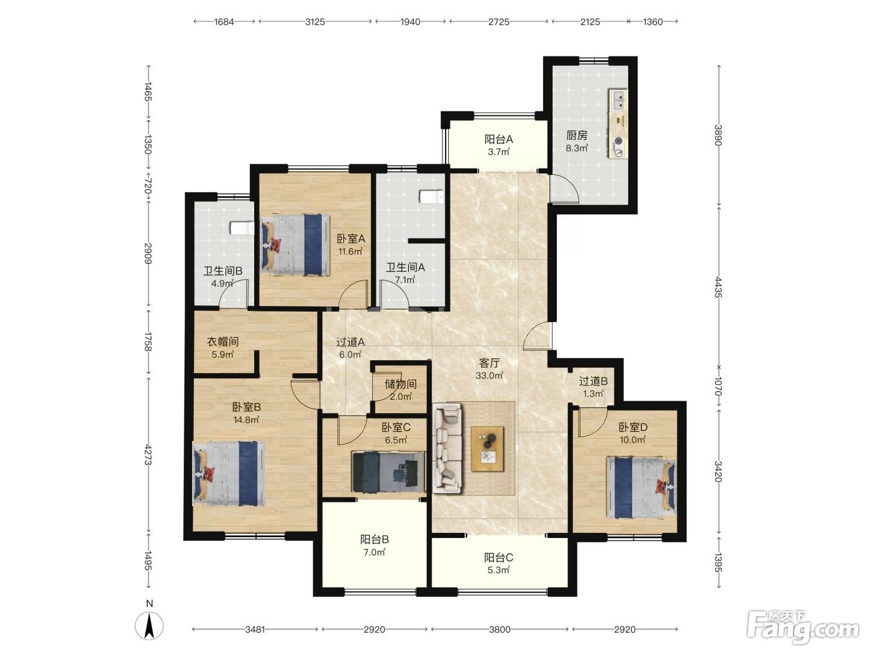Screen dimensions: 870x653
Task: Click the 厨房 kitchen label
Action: pyautogui.click(x=576, y=136)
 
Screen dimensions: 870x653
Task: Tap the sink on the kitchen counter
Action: pyautogui.click(x=618, y=100)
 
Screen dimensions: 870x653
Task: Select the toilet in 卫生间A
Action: pyautogui.click(x=431, y=197)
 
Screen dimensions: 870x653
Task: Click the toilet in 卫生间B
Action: pyautogui.click(x=242, y=228)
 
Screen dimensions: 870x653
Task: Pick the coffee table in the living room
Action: pyautogui.click(x=488, y=449)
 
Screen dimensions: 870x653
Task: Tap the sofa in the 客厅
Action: pyautogui.click(x=448, y=448)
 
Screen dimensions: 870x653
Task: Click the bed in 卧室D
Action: pyautogui.click(x=641, y=487)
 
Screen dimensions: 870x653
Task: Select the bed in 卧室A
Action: pyautogui.click(x=295, y=244)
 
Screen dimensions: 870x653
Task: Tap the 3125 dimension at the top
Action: pyautogui.click(x=315, y=22)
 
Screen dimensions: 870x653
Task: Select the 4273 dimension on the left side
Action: pyautogui.click(x=149, y=455)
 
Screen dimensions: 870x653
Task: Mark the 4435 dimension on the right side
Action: pyautogui.click(x=718, y=287)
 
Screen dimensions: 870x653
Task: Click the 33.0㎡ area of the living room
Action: pyautogui.click(x=490, y=375)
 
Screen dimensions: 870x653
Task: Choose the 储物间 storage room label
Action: pyautogui.click(x=400, y=384)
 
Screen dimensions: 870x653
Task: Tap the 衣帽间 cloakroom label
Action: pyautogui.click(x=222, y=341)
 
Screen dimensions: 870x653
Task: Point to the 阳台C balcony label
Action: pyautogui.click(x=498, y=557)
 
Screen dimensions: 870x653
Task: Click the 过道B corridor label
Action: pyautogui.click(x=593, y=381)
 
